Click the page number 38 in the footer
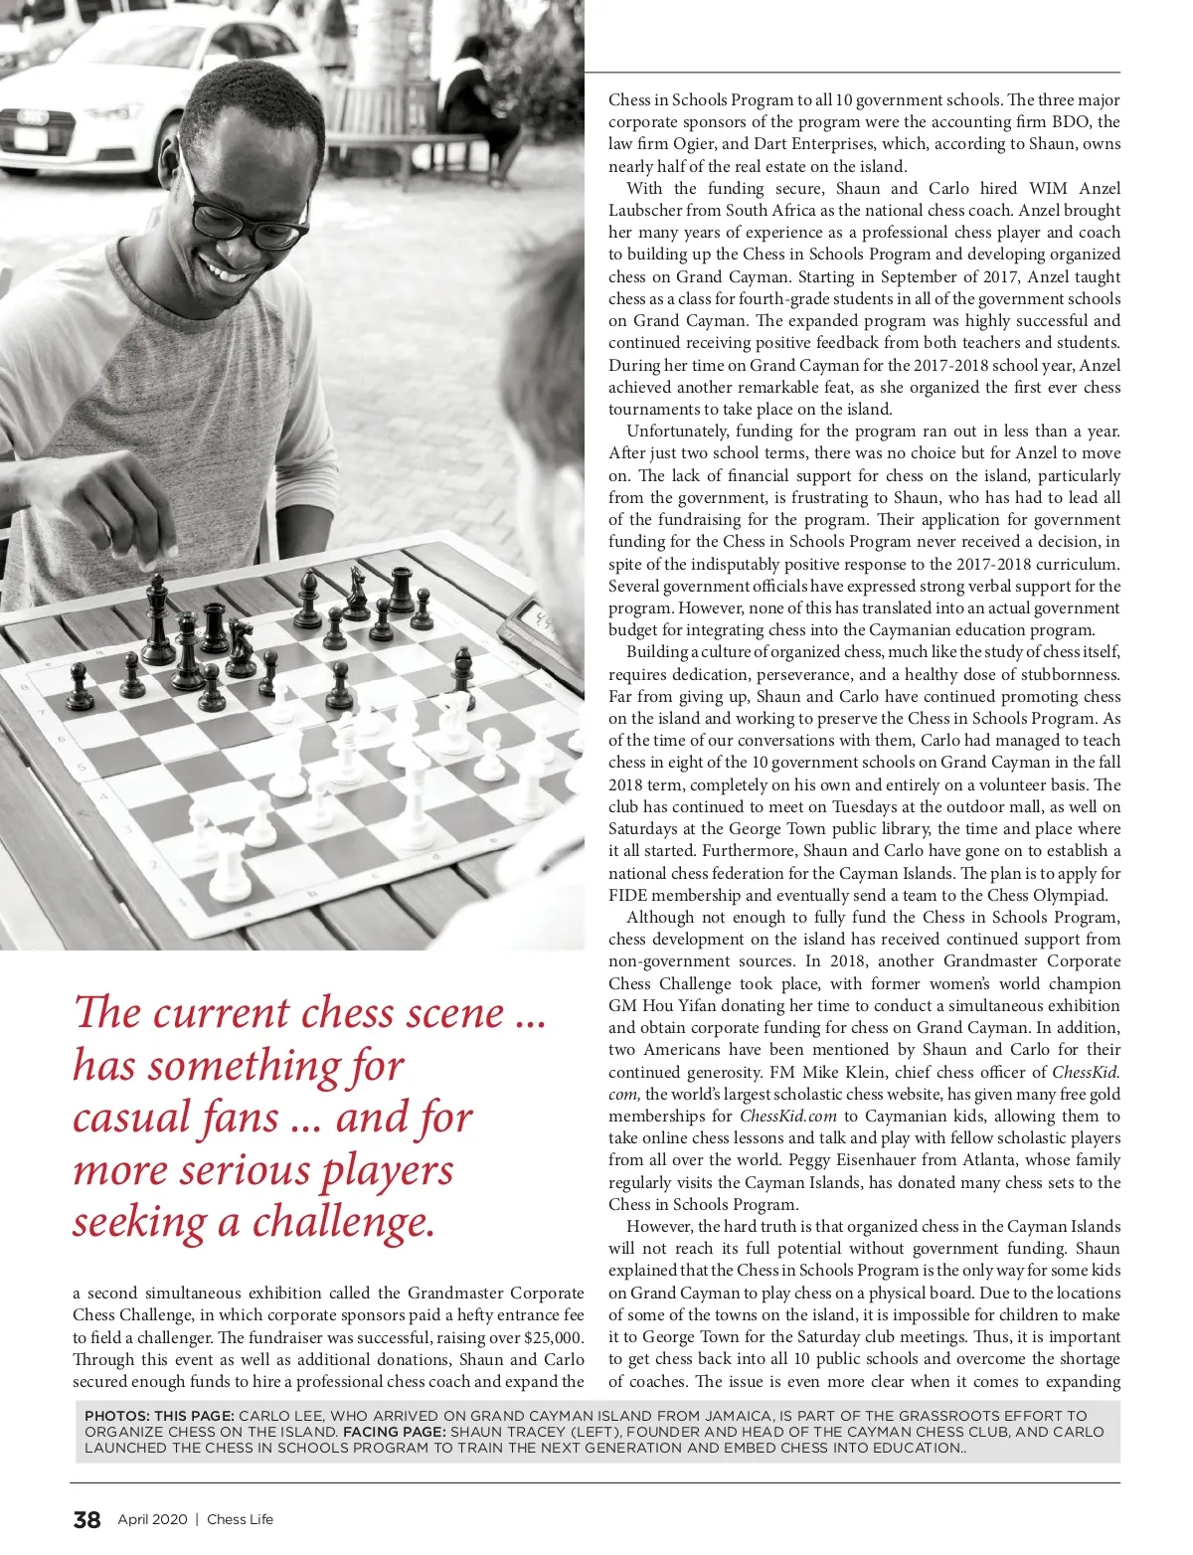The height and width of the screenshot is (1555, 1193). pyautogui.click(x=86, y=1519)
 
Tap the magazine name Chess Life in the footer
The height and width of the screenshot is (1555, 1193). pyautogui.click(x=240, y=1519)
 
